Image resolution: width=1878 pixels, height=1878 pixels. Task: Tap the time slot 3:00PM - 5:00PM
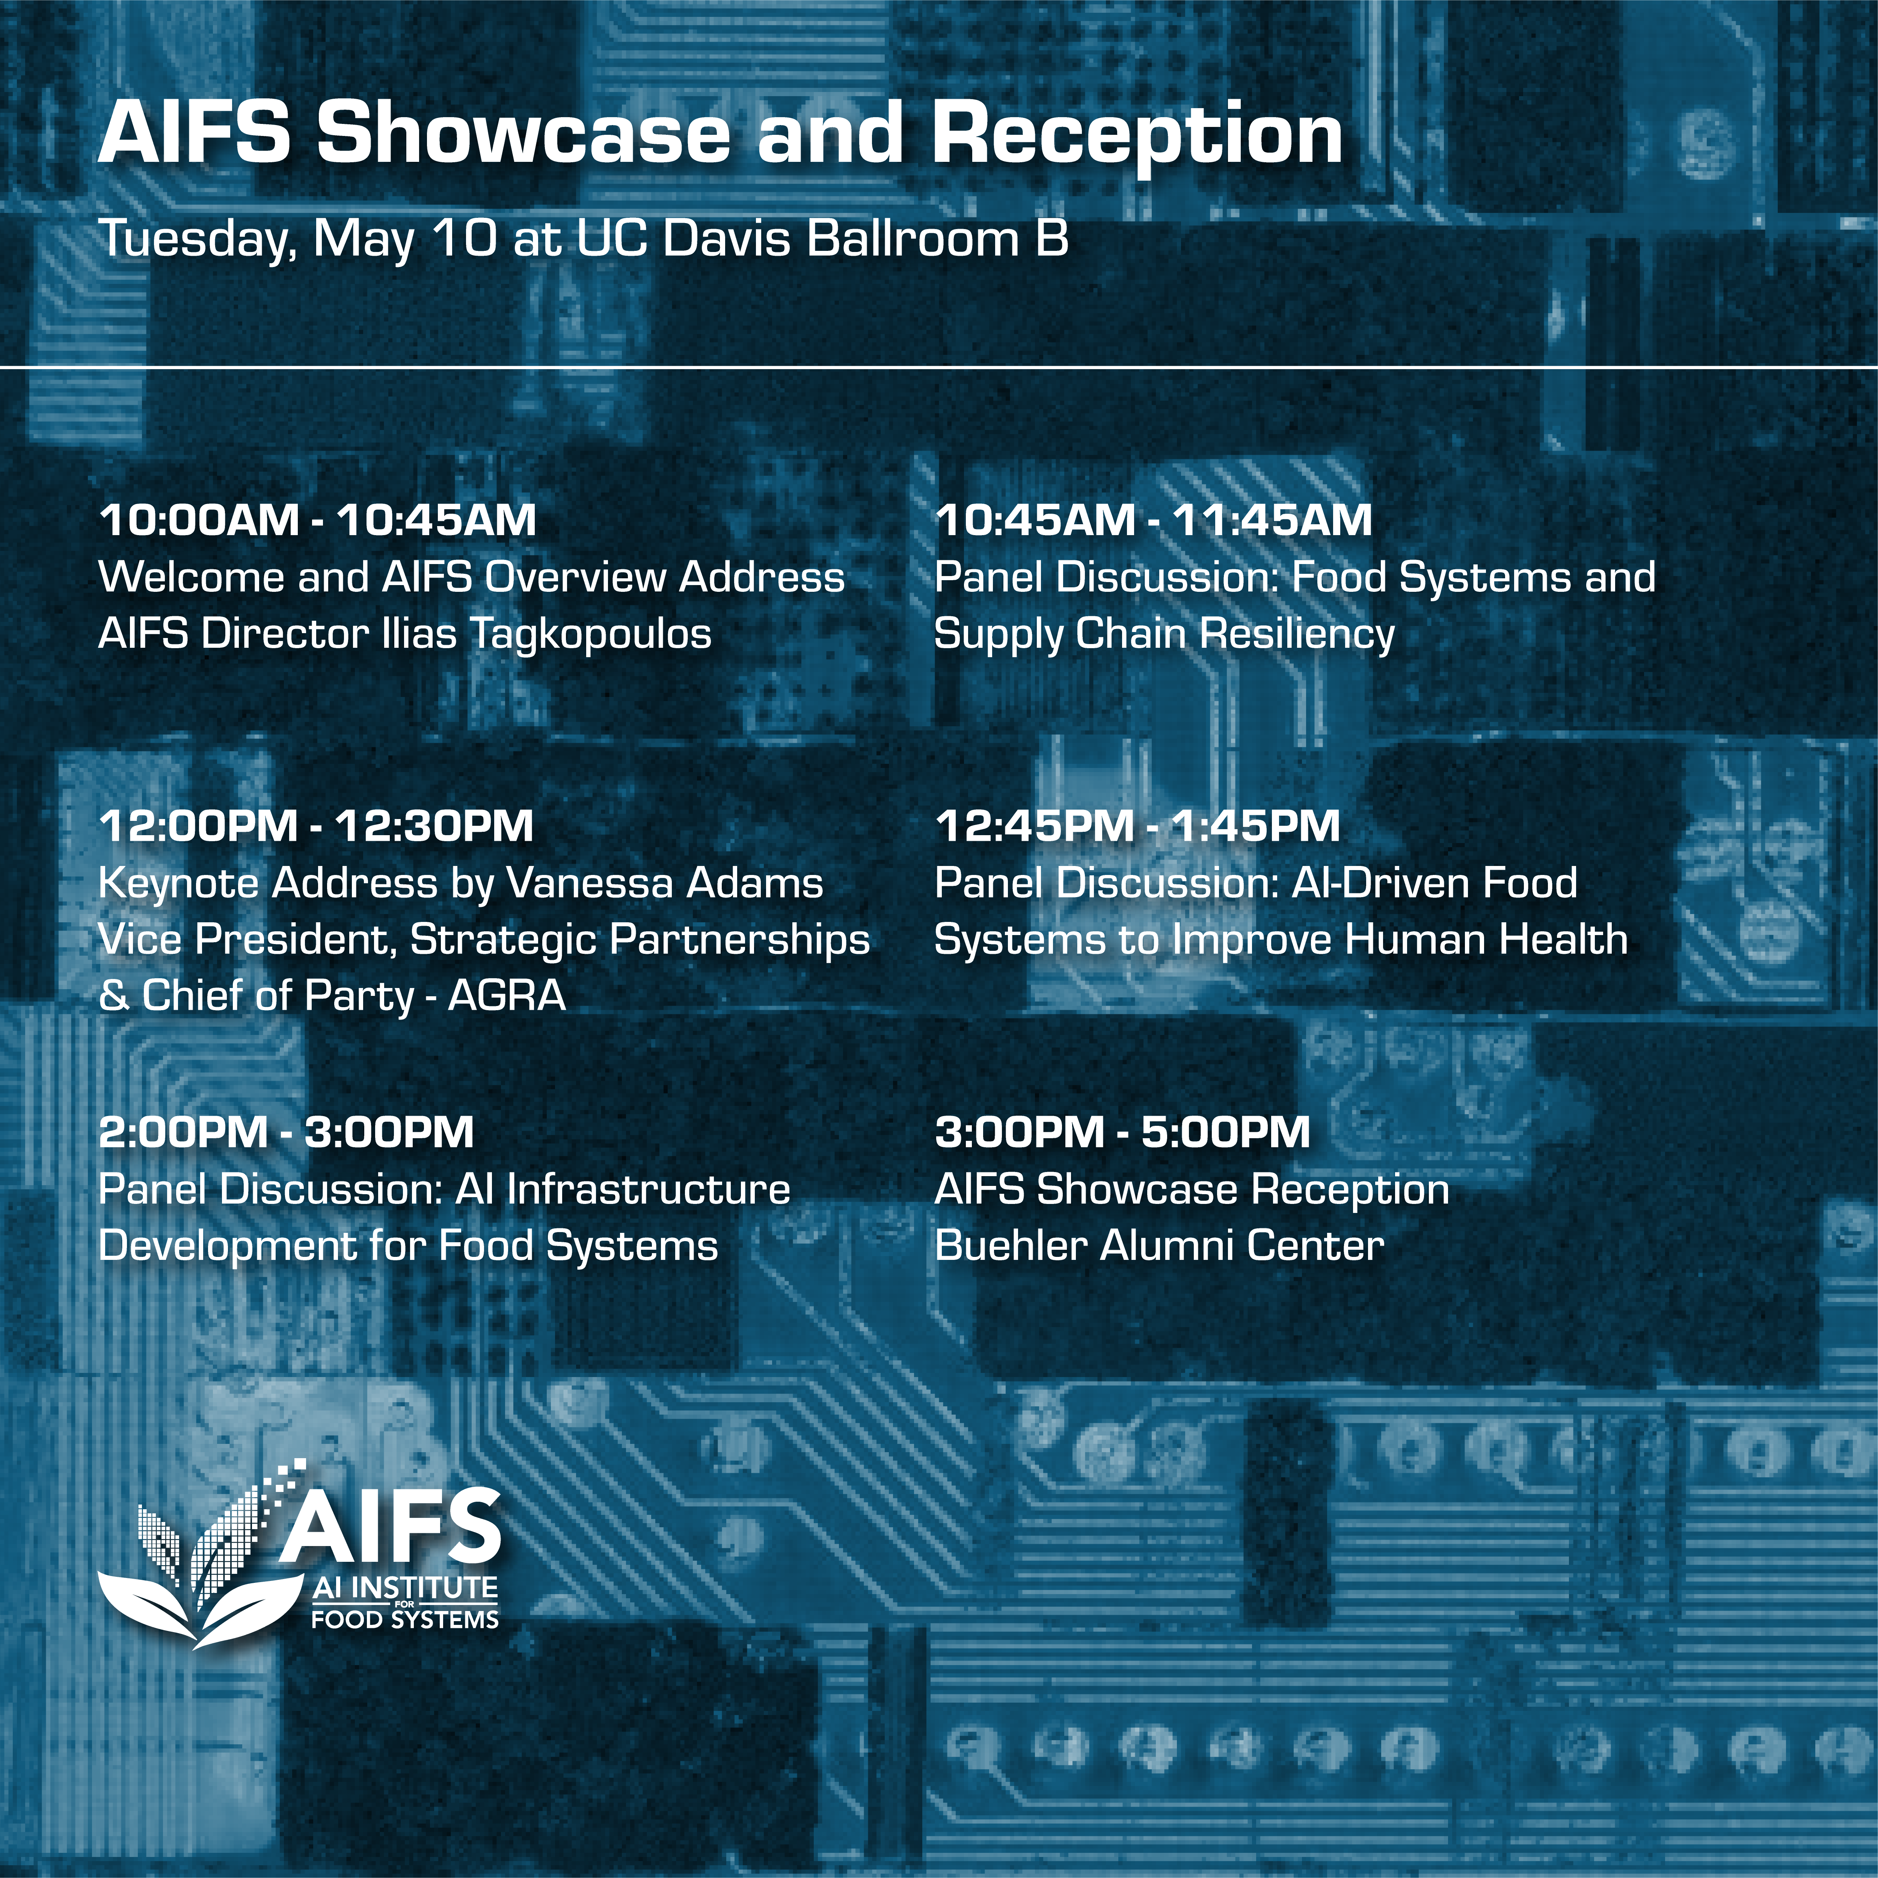tap(1123, 1133)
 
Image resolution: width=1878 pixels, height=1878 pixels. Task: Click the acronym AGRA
tap(507, 996)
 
